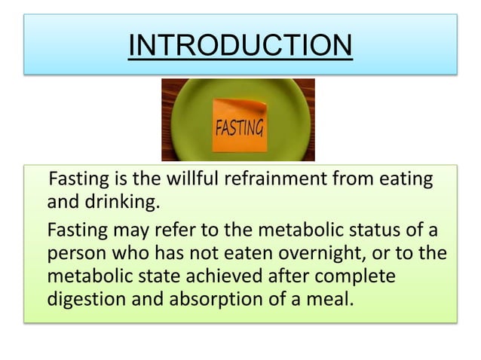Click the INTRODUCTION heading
click(x=240, y=46)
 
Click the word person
click(x=74, y=255)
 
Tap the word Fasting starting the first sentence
click(x=75, y=181)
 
